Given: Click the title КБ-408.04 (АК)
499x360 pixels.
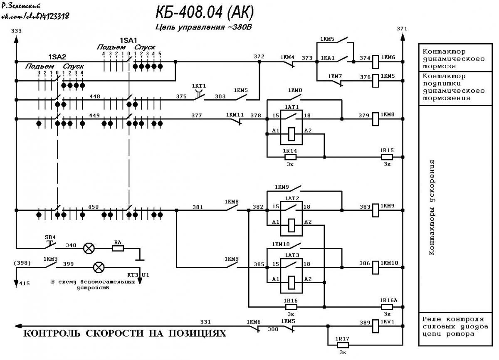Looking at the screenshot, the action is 205,12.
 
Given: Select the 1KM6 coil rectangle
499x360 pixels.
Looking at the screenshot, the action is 375,62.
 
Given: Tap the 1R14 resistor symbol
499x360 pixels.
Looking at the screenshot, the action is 291,157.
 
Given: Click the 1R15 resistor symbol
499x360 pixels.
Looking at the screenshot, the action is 387,157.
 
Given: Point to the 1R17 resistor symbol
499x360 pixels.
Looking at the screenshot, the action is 343,345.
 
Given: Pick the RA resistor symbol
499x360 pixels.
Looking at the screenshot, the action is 118,248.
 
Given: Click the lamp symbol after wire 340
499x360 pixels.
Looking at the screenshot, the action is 89,248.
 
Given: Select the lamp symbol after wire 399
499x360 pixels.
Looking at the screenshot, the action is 99,267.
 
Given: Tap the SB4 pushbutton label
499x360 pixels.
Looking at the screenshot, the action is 50,237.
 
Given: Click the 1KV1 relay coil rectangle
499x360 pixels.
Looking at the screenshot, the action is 375,326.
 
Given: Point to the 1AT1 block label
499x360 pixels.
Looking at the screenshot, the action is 291,107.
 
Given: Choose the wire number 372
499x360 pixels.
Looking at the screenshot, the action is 259,57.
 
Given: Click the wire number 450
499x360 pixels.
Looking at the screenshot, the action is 93,207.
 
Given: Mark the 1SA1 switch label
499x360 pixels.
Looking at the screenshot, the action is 128,40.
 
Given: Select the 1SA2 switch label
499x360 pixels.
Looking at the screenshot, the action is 57,57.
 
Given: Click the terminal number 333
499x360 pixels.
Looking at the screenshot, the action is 16,31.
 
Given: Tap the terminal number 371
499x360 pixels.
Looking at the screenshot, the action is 402,29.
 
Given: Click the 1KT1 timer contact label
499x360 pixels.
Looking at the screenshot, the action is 199,86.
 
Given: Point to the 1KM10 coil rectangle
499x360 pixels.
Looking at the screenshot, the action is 375,267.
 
